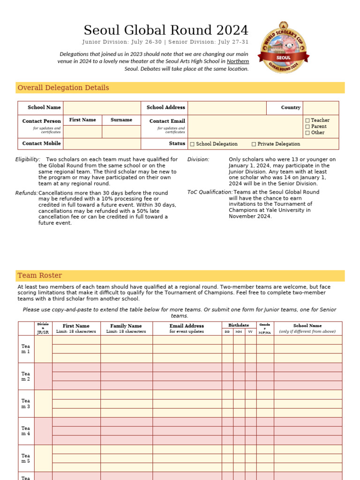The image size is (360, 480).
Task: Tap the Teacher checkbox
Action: click(x=307, y=120)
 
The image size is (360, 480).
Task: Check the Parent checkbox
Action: click(x=307, y=127)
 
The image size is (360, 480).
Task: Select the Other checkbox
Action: click(x=307, y=133)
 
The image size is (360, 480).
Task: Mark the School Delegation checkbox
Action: click(x=192, y=144)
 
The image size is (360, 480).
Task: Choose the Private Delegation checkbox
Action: click(x=254, y=144)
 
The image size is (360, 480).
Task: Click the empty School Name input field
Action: click(x=102, y=108)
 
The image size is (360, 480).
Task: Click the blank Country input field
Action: click(x=321, y=108)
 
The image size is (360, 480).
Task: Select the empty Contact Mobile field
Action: click(x=102, y=144)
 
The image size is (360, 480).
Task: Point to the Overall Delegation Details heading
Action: click(x=63, y=88)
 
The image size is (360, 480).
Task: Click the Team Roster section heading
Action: click(x=40, y=276)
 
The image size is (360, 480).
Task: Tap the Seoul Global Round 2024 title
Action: click(x=166, y=30)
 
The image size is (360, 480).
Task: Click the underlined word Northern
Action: click(x=238, y=61)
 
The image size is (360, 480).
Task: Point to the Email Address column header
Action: click(x=187, y=326)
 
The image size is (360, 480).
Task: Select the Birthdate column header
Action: click(x=239, y=325)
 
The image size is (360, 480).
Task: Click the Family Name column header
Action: click(x=126, y=326)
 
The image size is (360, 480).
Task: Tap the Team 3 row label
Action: click(x=26, y=404)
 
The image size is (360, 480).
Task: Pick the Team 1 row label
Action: click(x=26, y=349)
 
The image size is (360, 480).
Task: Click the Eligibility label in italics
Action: click(x=28, y=159)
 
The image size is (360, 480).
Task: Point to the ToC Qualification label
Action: click(x=210, y=192)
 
